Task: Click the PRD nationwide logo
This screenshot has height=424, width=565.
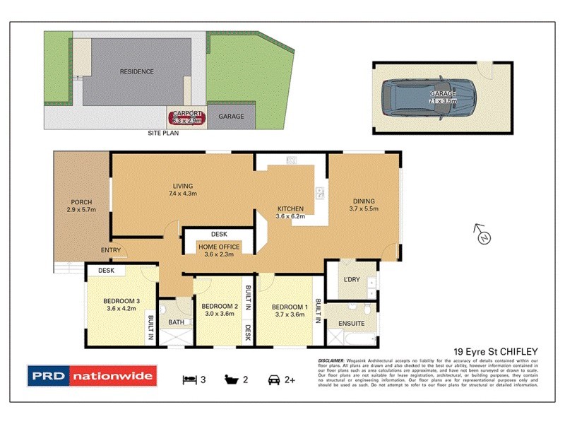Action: (x=91, y=377)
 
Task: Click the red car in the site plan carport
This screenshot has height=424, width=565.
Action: (x=185, y=117)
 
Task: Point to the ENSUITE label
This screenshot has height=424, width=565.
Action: (x=351, y=323)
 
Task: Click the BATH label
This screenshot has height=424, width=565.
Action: (x=175, y=323)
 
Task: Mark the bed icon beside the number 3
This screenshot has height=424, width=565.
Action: (x=189, y=379)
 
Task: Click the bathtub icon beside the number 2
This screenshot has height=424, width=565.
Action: (x=231, y=379)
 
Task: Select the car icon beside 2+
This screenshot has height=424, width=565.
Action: (x=273, y=379)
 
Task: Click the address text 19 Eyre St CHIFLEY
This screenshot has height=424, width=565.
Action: (x=496, y=351)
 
